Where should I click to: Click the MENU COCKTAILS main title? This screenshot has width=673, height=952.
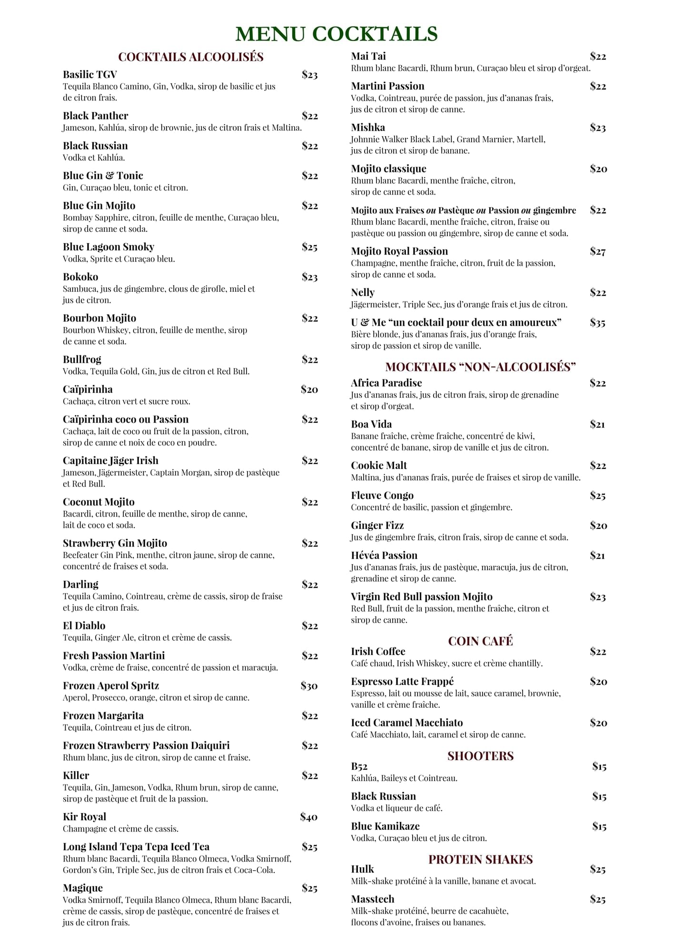[x=336, y=34]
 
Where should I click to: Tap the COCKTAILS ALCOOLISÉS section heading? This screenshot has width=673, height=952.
[x=190, y=57]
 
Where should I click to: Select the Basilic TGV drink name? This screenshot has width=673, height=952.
[x=89, y=74]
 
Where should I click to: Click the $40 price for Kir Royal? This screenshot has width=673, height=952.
[x=308, y=817]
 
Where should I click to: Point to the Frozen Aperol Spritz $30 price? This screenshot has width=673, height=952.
[x=309, y=685]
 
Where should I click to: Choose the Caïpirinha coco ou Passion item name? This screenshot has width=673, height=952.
[x=126, y=419]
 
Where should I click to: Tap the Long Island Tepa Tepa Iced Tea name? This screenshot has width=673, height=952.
[x=136, y=847]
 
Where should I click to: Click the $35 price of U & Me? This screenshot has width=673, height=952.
[x=597, y=323]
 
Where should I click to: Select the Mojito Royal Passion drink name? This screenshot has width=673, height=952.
[x=399, y=251]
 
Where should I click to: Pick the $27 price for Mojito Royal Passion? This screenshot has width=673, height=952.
[x=597, y=251]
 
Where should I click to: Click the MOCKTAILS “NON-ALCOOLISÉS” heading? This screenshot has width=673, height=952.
[x=480, y=367]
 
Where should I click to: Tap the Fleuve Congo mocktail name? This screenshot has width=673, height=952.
[x=382, y=496]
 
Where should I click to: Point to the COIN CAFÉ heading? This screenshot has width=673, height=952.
[x=480, y=641]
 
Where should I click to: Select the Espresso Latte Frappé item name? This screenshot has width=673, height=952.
[x=402, y=682]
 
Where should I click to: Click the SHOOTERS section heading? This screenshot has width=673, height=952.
[x=480, y=756]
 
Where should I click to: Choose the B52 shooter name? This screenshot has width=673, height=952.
[x=359, y=766]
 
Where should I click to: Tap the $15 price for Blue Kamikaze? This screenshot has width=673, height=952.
[x=599, y=826]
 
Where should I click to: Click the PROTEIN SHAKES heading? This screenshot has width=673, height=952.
[x=480, y=859]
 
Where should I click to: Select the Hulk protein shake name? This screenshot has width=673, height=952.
[x=362, y=869]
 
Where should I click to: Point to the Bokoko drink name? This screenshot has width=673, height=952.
[x=80, y=277]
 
